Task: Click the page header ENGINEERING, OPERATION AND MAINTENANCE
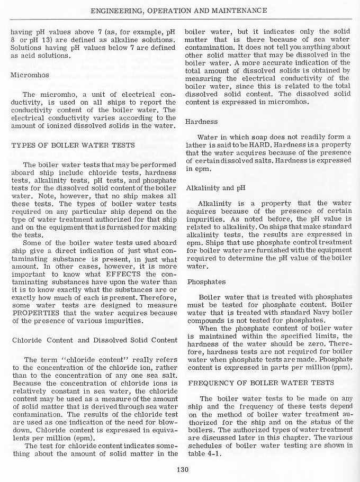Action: (178, 10)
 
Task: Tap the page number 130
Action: (180, 467)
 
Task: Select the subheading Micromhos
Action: (30, 75)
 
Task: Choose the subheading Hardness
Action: (201, 121)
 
